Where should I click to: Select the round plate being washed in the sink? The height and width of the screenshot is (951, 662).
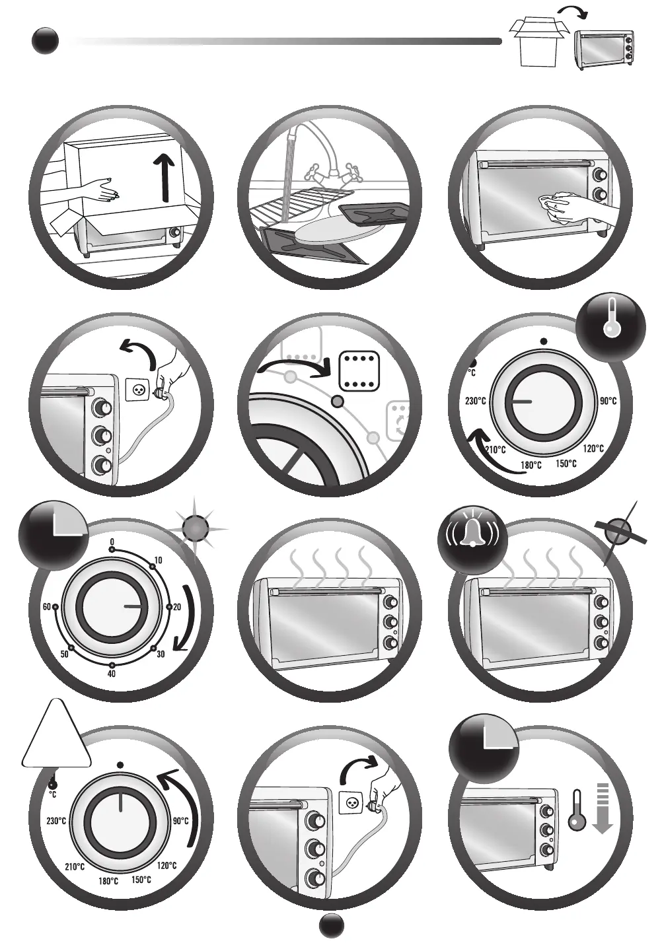pos(330,230)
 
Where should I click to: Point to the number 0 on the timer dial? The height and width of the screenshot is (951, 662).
pos(112,542)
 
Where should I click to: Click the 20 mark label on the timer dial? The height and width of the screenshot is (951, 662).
pos(177,607)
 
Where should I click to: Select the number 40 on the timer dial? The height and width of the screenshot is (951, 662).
pos(112,674)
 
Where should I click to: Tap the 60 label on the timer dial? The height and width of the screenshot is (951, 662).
pos(46,607)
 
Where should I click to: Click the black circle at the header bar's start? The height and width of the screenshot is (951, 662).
pos(45,42)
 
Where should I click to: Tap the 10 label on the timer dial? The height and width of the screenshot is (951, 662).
pos(158,561)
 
